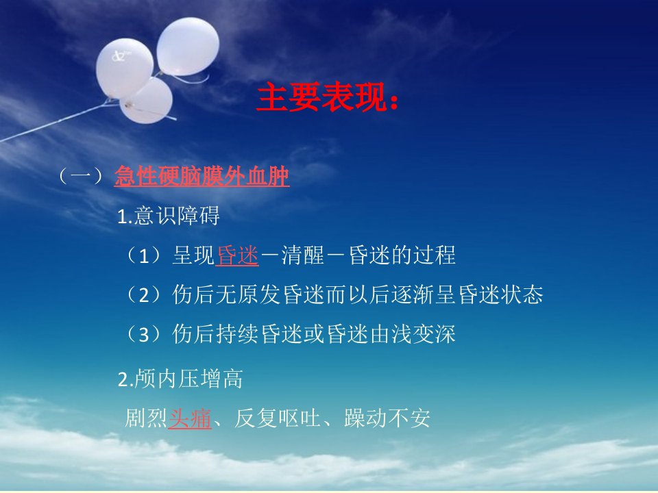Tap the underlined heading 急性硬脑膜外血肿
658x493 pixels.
click(x=202, y=176)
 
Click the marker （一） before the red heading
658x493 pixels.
click(x=82, y=176)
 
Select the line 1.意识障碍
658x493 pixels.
click(x=169, y=216)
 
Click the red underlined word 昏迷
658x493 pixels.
click(x=237, y=255)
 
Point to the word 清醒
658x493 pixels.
click(x=302, y=255)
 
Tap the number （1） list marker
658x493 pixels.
click(x=144, y=255)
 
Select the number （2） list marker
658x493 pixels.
click(x=144, y=294)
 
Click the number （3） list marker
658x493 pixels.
click(x=144, y=334)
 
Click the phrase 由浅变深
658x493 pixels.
click(x=413, y=334)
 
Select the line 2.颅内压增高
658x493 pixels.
click(x=180, y=379)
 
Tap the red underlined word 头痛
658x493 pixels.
click(x=190, y=418)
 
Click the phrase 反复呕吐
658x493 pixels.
click(x=277, y=418)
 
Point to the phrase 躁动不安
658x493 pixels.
click(x=387, y=418)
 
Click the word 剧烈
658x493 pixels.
click(x=146, y=418)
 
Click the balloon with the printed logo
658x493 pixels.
click(x=124, y=68)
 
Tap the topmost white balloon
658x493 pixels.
click(x=188, y=47)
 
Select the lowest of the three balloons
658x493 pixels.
click(x=147, y=101)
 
